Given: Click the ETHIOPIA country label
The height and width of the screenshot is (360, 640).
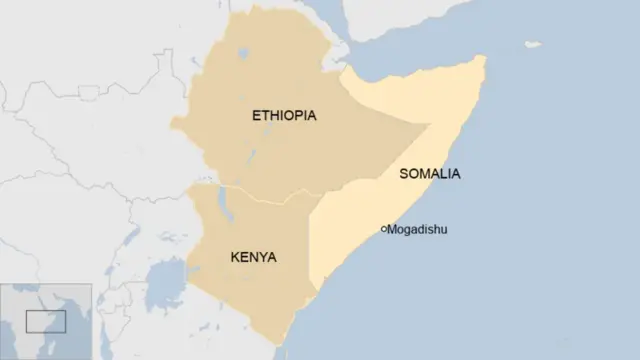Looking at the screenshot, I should [284, 116].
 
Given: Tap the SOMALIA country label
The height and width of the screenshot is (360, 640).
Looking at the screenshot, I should [429, 174].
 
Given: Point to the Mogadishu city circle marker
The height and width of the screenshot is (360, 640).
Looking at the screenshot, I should [385, 230].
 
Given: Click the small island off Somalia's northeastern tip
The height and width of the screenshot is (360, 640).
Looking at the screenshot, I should [533, 44].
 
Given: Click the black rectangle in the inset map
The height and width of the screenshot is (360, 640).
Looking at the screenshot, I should [46, 322].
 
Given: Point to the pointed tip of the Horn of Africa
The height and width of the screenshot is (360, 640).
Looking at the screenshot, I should [485, 58].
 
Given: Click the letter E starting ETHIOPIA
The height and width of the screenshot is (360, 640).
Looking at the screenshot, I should [256, 116].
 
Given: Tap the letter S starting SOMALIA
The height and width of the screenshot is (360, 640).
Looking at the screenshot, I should [403, 174].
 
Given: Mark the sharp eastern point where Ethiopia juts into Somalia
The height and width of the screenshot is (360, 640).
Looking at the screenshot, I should [430, 125].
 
